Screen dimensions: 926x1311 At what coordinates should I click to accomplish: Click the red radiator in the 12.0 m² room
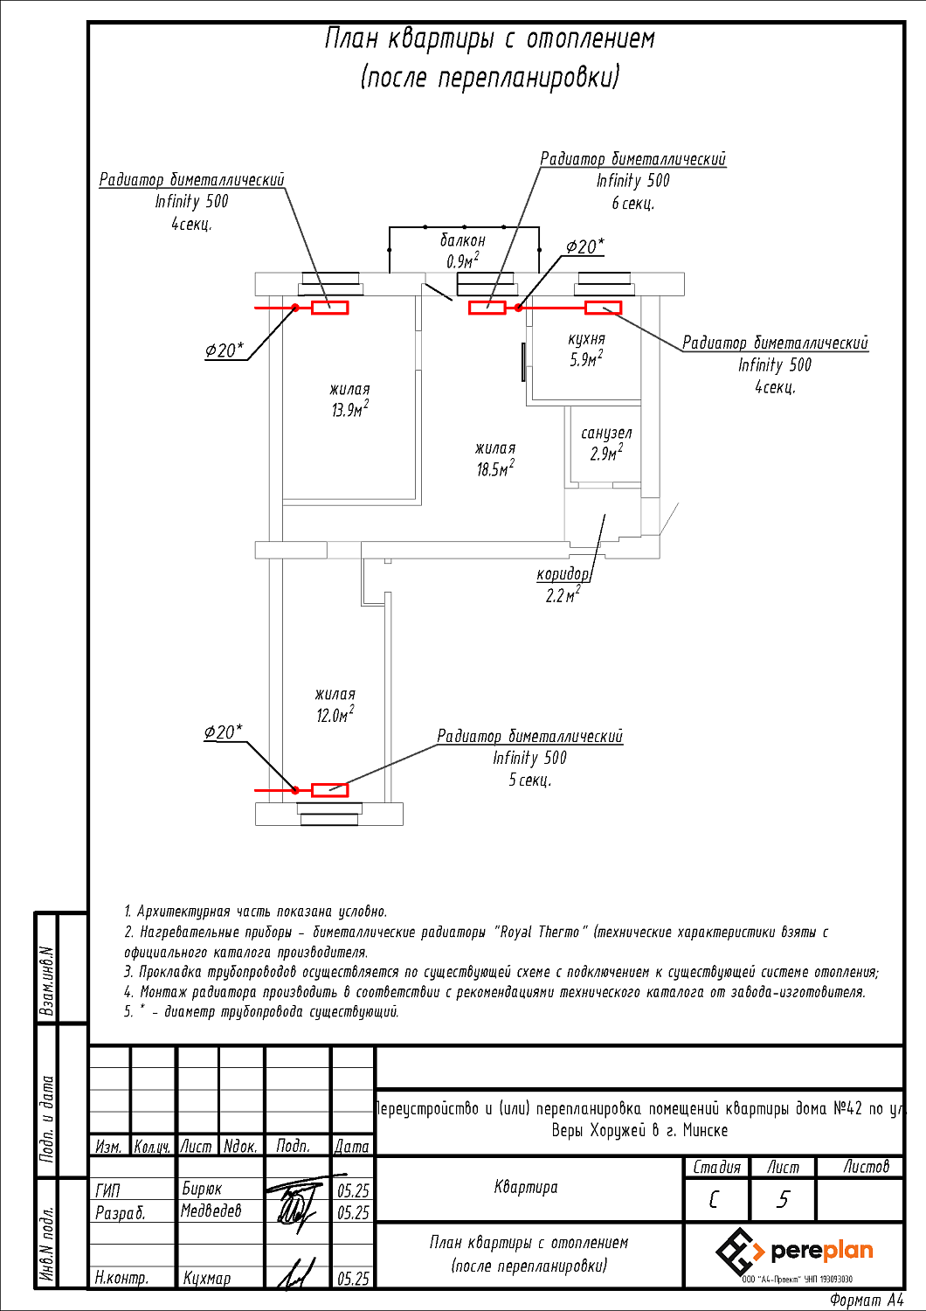pos(330,790)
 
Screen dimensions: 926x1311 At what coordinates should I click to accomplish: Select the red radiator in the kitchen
pos(603,308)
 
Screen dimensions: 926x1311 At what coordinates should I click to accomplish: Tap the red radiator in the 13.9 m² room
pos(330,308)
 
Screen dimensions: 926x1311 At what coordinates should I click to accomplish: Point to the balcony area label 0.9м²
pos(463,260)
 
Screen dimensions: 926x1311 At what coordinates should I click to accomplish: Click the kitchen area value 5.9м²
pos(587,358)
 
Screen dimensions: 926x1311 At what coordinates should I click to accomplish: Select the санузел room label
pos(606,434)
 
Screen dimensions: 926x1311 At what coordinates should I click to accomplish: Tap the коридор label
pos(563,573)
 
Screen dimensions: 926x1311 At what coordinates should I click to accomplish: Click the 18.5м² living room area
pos(495,468)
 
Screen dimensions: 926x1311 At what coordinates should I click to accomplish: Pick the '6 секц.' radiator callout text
pos(633,203)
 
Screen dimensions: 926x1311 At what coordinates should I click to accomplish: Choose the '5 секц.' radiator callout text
pos(530,780)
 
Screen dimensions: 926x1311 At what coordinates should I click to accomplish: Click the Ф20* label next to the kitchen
pos(584,247)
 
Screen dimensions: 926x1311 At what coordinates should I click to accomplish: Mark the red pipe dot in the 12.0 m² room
pos(295,791)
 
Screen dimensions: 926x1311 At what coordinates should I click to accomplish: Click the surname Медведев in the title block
pos(211,1210)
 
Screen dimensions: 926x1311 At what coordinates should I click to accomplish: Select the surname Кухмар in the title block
pos(206,1278)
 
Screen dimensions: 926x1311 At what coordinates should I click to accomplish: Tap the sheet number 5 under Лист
pos(783,1200)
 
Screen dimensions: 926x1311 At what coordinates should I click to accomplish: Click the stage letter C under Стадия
pos(713,1200)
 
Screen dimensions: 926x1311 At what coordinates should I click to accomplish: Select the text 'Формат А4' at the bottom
pos(867,1300)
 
